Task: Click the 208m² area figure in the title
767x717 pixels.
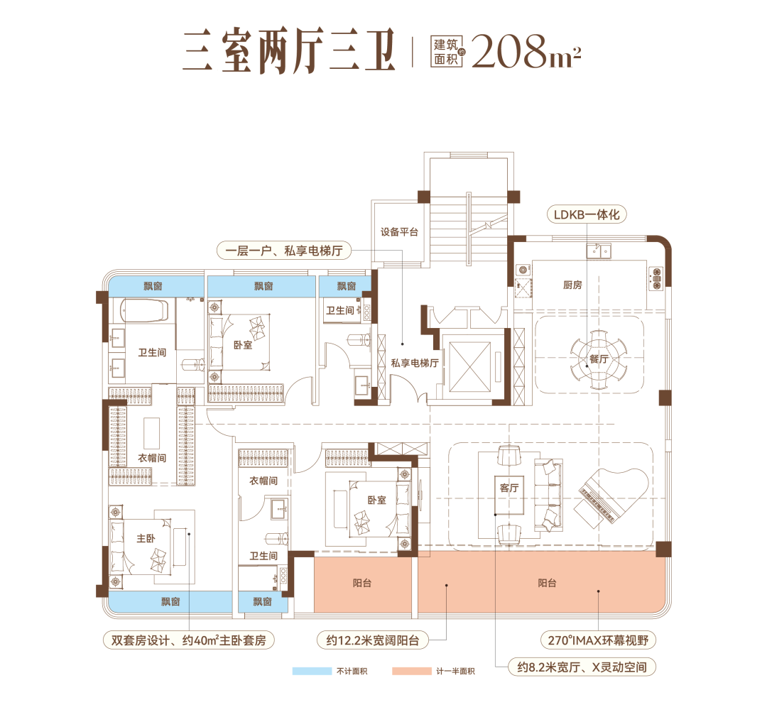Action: click(526, 51)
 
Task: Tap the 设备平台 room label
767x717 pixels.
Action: click(399, 232)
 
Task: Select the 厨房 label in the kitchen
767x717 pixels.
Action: click(572, 285)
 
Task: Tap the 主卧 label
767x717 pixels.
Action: click(146, 538)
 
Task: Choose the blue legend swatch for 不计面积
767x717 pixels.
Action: click(312, 671)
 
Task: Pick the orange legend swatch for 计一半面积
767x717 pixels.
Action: click(411, 671)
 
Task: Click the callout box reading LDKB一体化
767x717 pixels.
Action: click(587, 214)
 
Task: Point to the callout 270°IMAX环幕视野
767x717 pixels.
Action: click(598, 640)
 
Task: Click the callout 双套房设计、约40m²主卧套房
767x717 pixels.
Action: click(187, 640)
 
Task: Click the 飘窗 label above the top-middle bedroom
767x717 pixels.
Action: click(263, 286)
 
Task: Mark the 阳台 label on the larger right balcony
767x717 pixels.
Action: click(547, 583)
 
